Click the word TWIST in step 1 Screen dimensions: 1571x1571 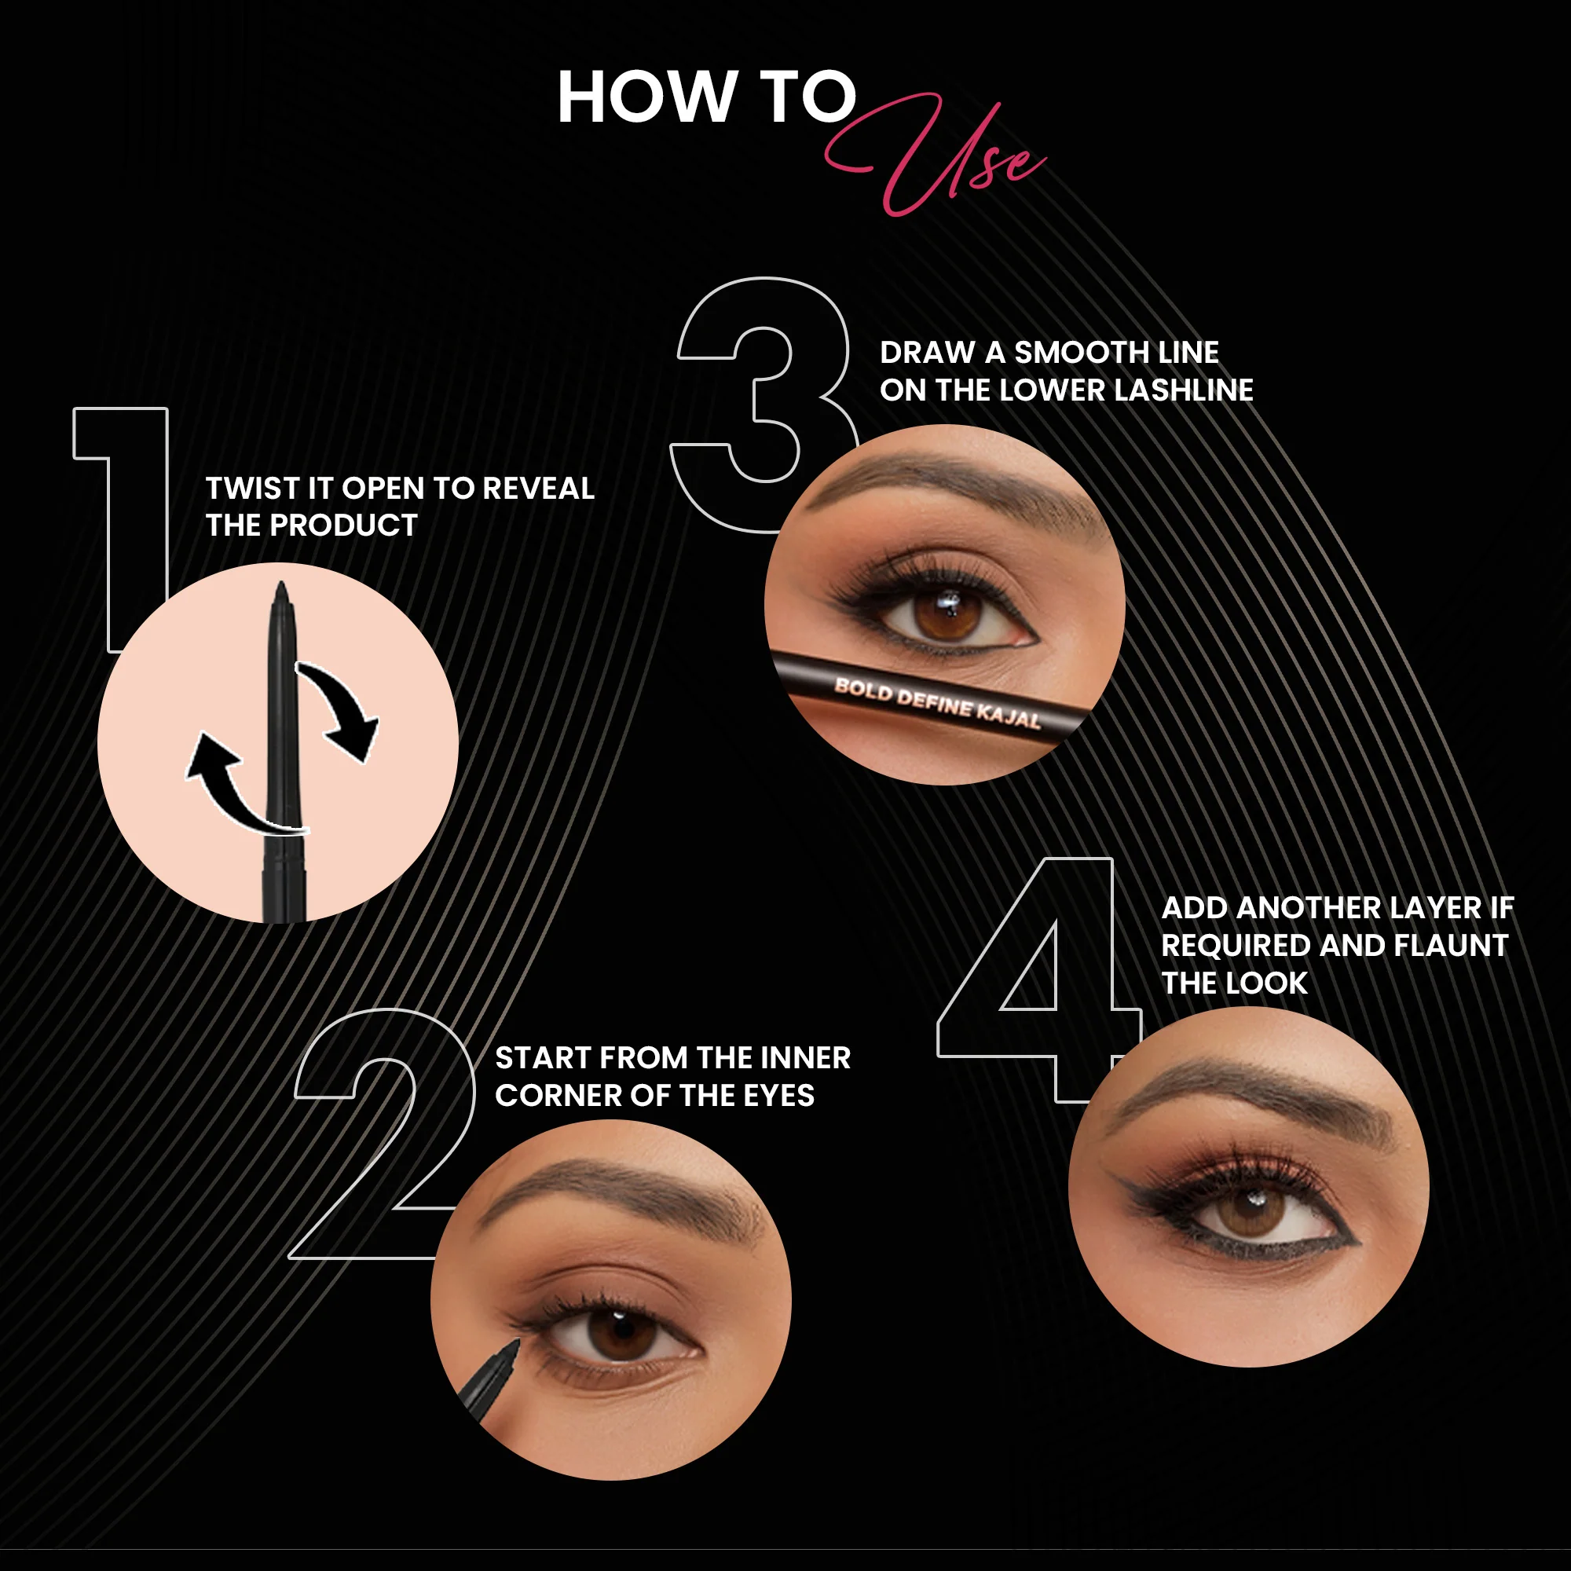(x=252, y=488)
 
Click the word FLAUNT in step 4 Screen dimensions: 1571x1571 (x=1451, y=945)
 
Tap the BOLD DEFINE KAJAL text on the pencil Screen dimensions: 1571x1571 (x=937, y=703)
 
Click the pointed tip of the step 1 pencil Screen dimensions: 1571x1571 (x=281, y=583)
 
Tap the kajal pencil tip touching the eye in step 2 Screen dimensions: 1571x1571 (x=515, y=1342)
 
